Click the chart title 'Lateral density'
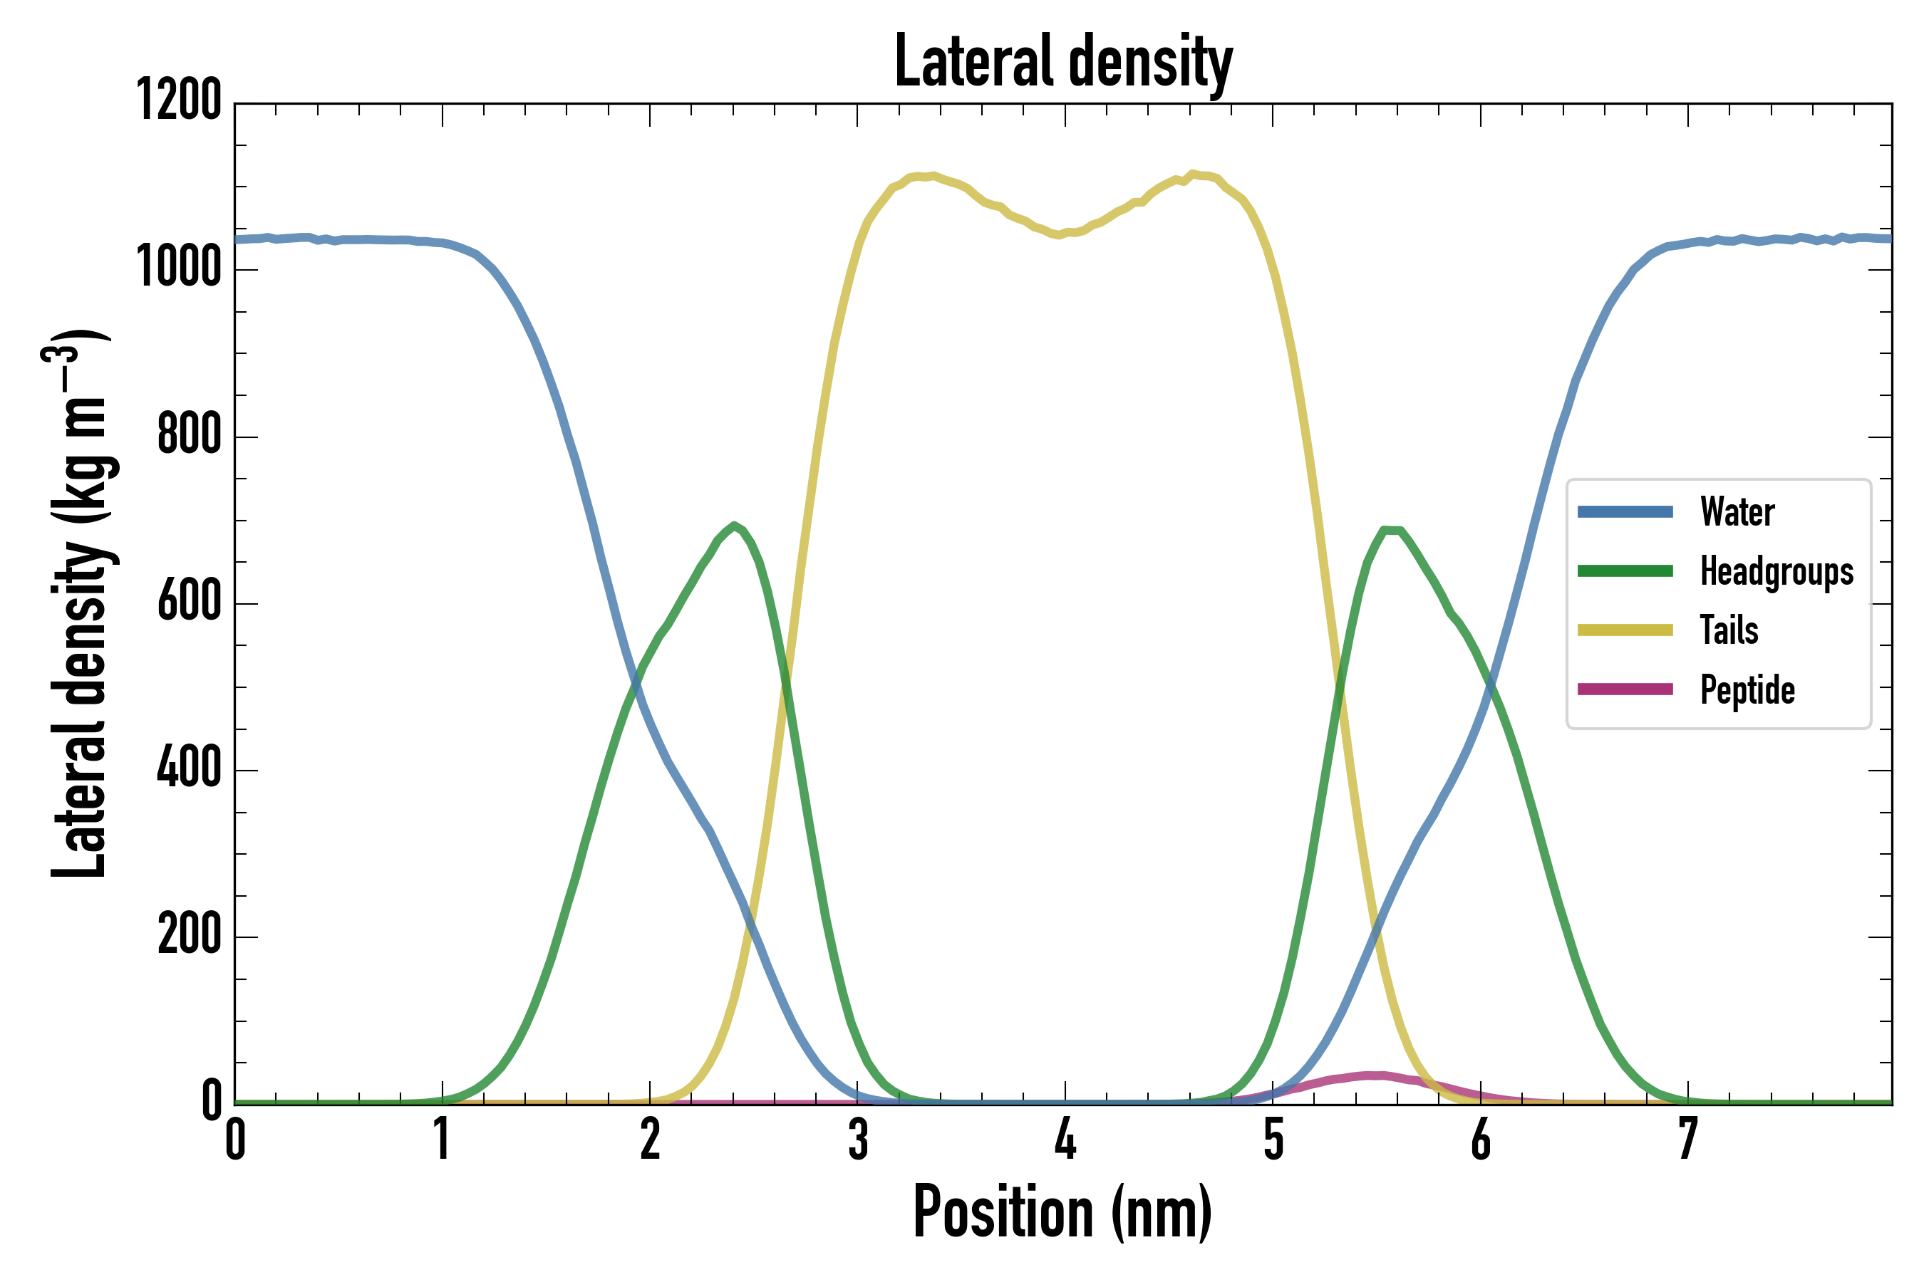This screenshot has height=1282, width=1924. pyautogui.click(x=1063, y=62)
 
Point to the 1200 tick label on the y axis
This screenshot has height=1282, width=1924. pyautogui.click(x=178, y=101)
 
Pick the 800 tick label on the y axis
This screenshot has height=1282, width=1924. pyautogui.click(x=189, y=435)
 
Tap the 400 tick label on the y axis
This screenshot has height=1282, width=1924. pyautogui.click(x=189, y=769)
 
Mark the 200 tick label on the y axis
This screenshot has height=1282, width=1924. pyautogui.click(x=189, y=936)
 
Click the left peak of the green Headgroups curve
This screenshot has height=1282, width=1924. pyautogui.click(x=735, y=525)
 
